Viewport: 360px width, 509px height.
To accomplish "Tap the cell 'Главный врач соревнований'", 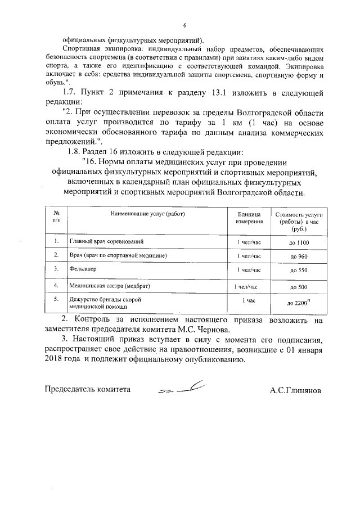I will click(x=106, y=241).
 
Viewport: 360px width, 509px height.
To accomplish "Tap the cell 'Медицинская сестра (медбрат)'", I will click(x=110, y=286).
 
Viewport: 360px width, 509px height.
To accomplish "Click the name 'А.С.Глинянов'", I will click(x=295, y=390).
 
